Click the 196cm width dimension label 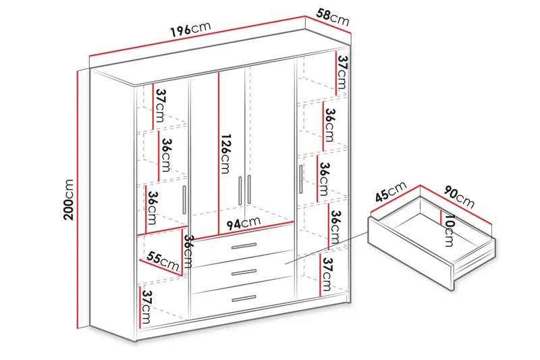tap(190, 31)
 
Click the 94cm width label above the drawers tap(242, 223)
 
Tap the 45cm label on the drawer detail tap(389, 195)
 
